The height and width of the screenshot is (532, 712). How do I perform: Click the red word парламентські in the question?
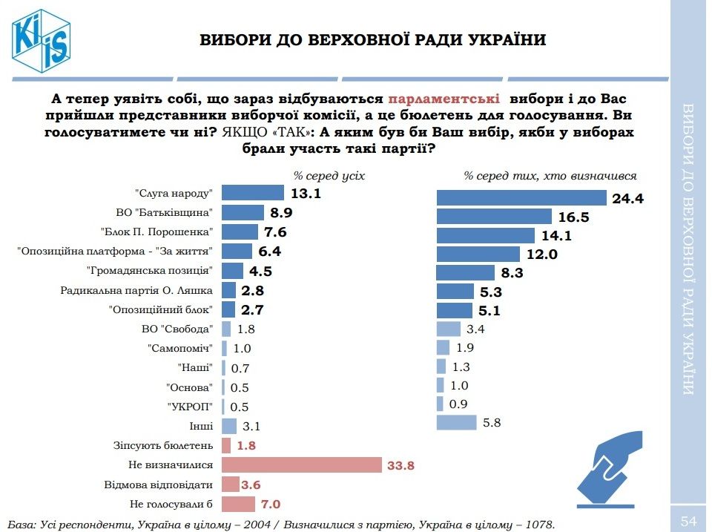click(444, 99)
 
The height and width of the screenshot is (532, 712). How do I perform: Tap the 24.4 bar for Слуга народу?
click(522, 197)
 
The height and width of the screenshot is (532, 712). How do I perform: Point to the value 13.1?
click(306, 193)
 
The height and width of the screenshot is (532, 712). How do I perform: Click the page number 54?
click(689, 522)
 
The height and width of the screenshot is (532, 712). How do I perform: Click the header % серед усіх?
click(329, 176)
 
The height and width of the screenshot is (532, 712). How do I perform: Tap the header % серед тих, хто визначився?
click(550, 176)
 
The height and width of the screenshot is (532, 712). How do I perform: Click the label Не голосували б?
click(171, 505)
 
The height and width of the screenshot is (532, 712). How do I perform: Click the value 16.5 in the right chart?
click(574, 217)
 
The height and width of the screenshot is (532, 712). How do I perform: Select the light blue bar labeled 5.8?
click(456, 423)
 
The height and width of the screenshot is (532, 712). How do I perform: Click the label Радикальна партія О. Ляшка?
click(137, 290)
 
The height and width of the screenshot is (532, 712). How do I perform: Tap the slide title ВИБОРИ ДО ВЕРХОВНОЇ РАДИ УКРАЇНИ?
click(372, 39)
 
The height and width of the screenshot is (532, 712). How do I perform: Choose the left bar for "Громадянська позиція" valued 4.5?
click(232, 270)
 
